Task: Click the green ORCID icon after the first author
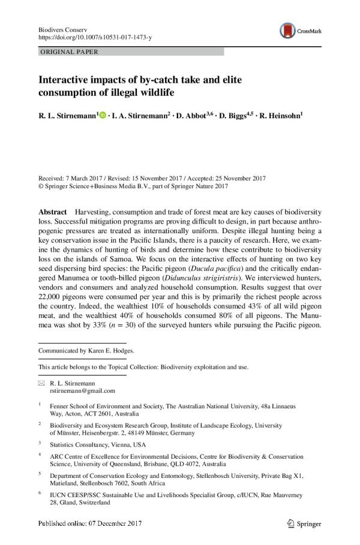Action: click(102, 114)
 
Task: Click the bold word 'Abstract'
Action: click(52, 213)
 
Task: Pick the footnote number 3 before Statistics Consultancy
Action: click(40, 443)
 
